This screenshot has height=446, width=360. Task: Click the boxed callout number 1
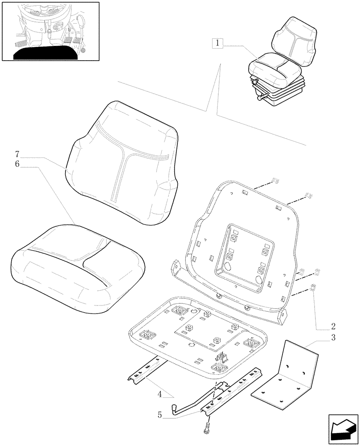[217, 43]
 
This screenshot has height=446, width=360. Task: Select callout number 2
[333, 326]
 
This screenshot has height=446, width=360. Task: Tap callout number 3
[333, 338]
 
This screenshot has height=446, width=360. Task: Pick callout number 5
[160, 414]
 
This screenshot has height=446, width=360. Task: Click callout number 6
[17, 164]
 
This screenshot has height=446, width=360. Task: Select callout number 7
[17, 154]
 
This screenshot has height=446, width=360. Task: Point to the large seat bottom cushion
[78, 268]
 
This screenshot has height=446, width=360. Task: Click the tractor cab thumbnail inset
[50, 31]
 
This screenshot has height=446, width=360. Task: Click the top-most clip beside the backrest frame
[275, 180]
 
